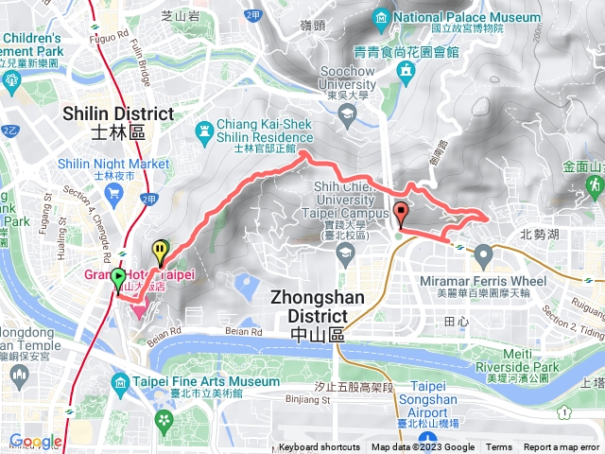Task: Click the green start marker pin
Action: coord(118,279)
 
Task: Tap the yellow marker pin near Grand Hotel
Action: coord(161,252)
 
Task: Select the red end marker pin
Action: coord(401,214)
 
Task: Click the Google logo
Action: coord(35,442)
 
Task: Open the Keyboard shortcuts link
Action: coord(319,447)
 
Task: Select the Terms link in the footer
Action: coord(499,447)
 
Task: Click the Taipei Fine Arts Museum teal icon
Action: coord(119,382)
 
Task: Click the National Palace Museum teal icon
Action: coord(380,17)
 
